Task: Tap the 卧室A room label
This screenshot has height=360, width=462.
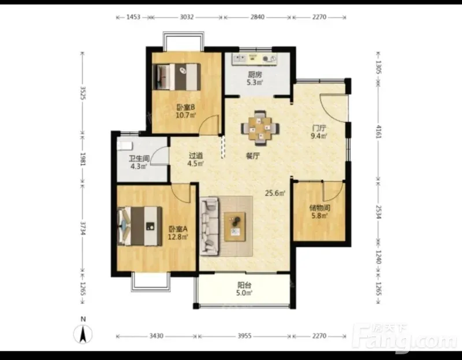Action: (178, 229)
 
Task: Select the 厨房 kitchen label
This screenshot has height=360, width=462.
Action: (255, 75)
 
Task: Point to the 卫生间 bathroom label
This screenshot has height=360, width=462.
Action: (139, 159)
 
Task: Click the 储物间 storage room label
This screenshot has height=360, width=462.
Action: (320, 208)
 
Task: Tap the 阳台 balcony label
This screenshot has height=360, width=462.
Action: (244, 285)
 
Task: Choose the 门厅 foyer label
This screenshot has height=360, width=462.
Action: (319, 128)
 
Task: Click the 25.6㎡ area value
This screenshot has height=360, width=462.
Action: (275, 194)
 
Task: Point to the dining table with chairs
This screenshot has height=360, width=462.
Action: (260, 128)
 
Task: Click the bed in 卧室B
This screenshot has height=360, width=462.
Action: (177, 77)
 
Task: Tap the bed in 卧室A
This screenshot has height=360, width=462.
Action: (140, 226)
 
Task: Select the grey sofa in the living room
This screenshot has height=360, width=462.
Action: (209, 226)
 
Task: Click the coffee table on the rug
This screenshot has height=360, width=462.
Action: (235, 227)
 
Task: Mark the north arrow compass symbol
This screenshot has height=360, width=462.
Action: (83, 334)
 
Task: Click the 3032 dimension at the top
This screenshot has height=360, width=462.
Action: (187, 17)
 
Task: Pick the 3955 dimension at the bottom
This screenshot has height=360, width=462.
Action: (244, 336)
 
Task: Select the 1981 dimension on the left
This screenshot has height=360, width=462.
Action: (83, 159)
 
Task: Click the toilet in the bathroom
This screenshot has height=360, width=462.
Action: (125, 146)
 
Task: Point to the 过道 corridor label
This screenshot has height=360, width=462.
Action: (196, 155)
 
